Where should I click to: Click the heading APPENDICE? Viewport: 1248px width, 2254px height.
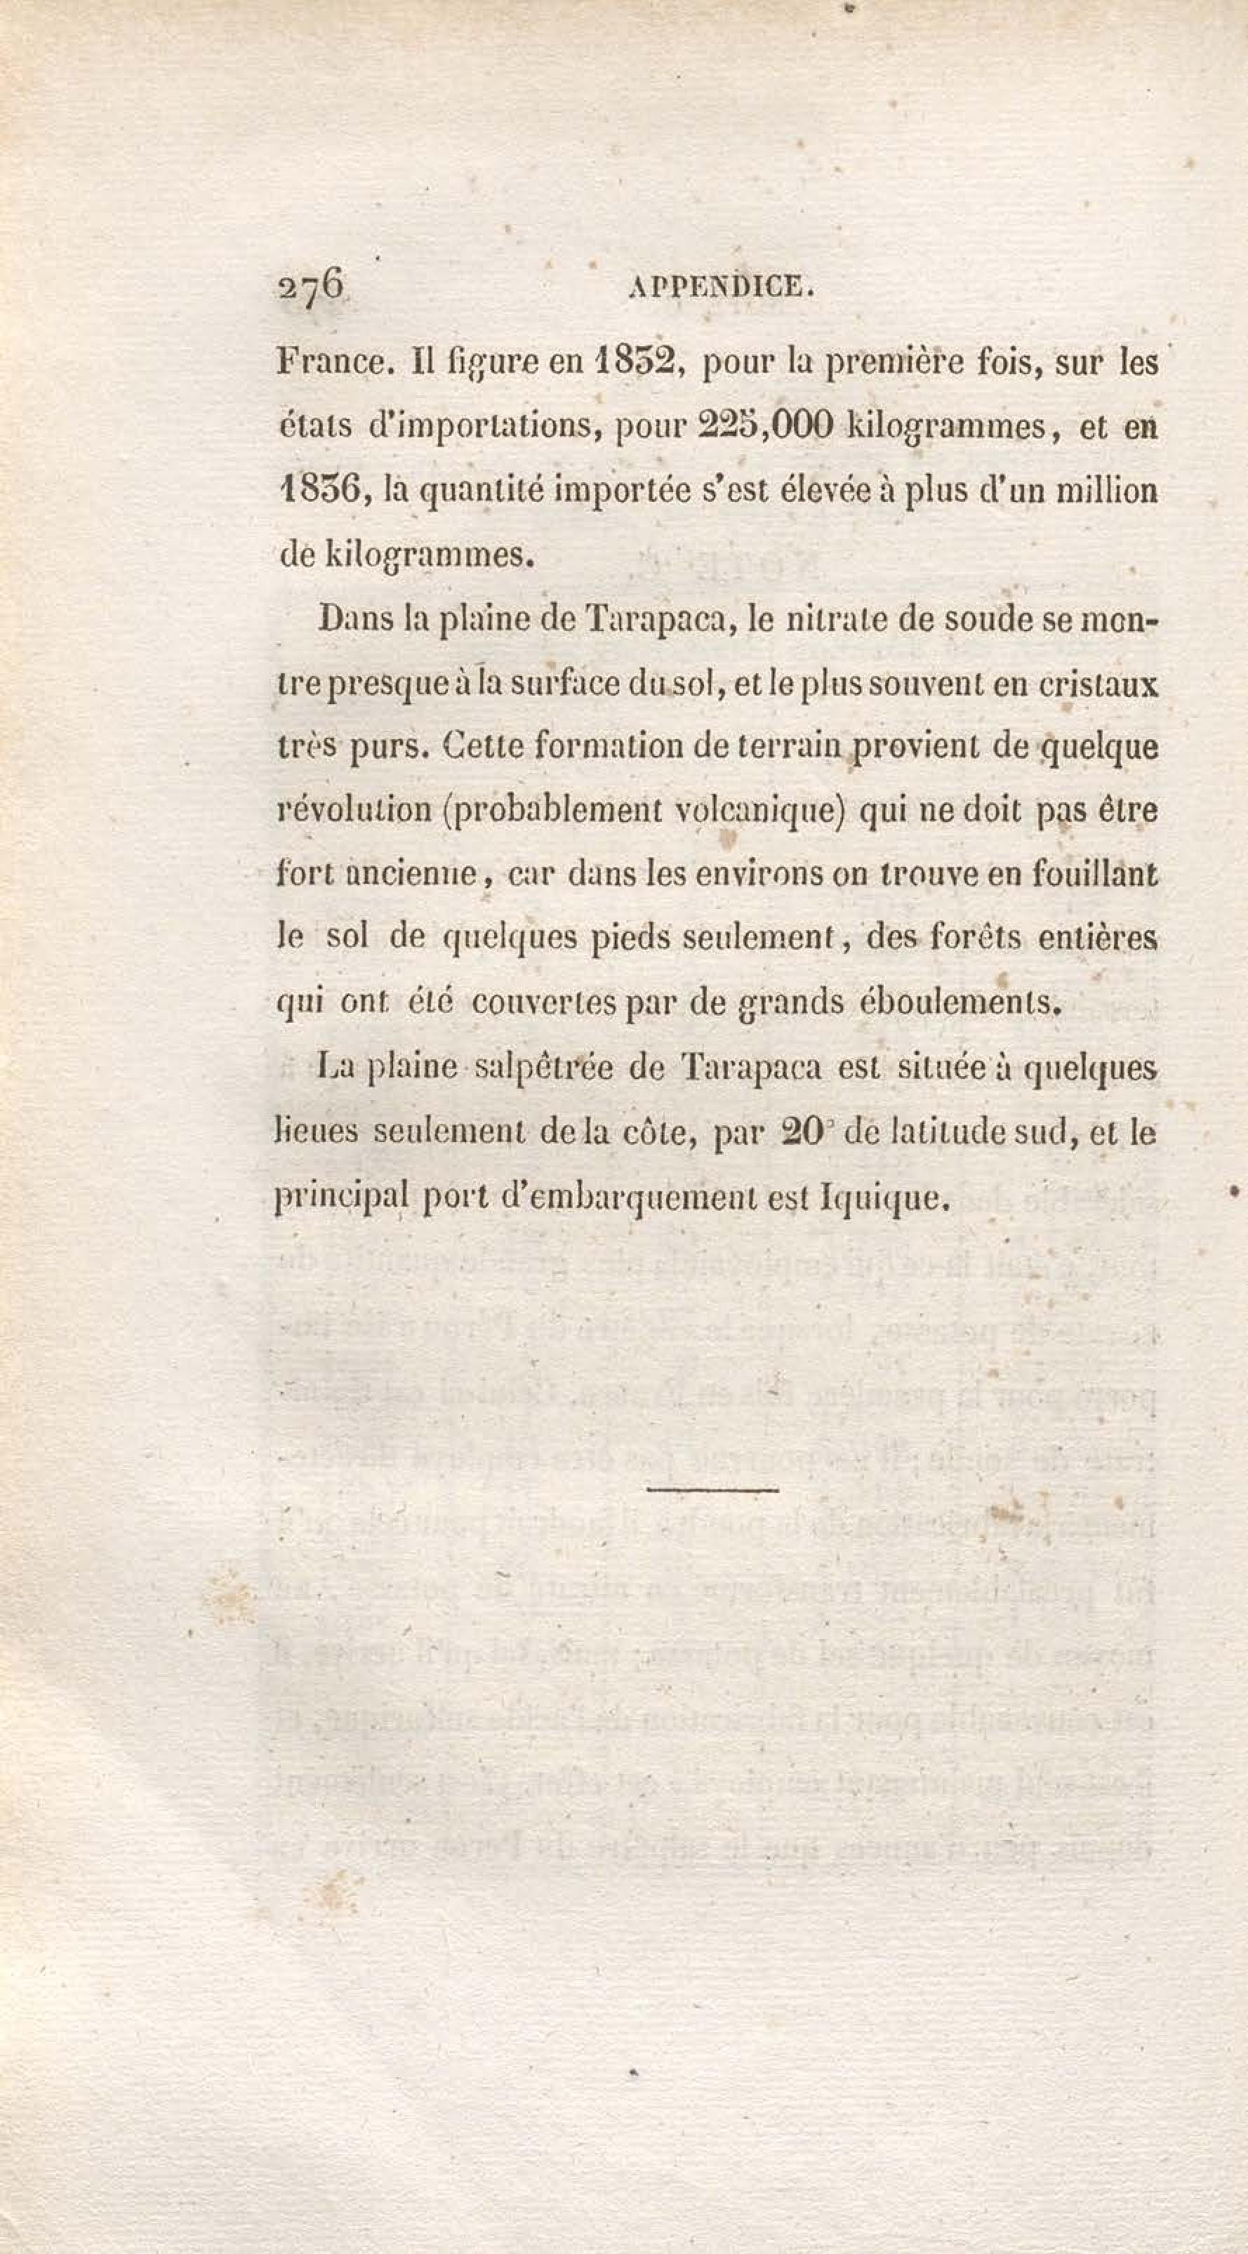click(x=722, y=287)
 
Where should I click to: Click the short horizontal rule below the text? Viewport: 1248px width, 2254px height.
click(x=712, y=1488)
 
